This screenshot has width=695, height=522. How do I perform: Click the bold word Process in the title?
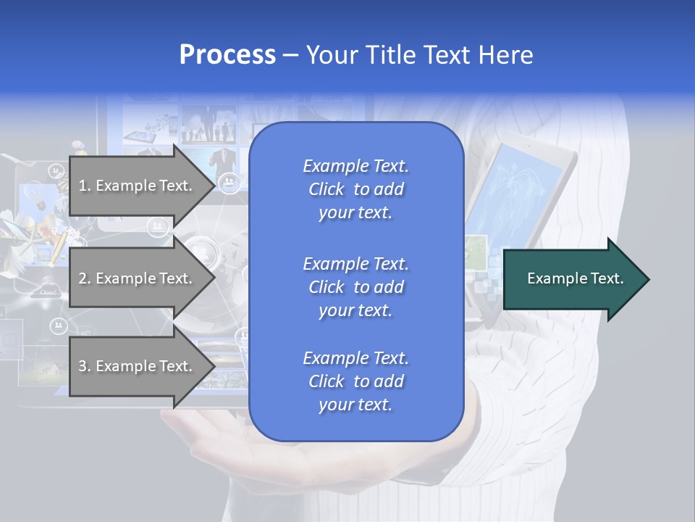coord(227,55)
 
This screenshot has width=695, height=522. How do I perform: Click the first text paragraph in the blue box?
coord(355,189)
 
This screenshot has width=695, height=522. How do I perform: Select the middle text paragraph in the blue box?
coord(355,287)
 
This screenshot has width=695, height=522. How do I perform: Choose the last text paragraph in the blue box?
coord(355,381)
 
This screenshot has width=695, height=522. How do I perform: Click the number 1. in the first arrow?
coord(85,186)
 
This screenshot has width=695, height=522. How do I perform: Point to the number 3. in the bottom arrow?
coord(85,366)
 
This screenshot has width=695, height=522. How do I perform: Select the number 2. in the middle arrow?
coord(85,278)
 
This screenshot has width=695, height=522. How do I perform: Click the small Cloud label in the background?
coord(49,292)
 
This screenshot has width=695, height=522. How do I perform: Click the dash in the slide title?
coord(291,55)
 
